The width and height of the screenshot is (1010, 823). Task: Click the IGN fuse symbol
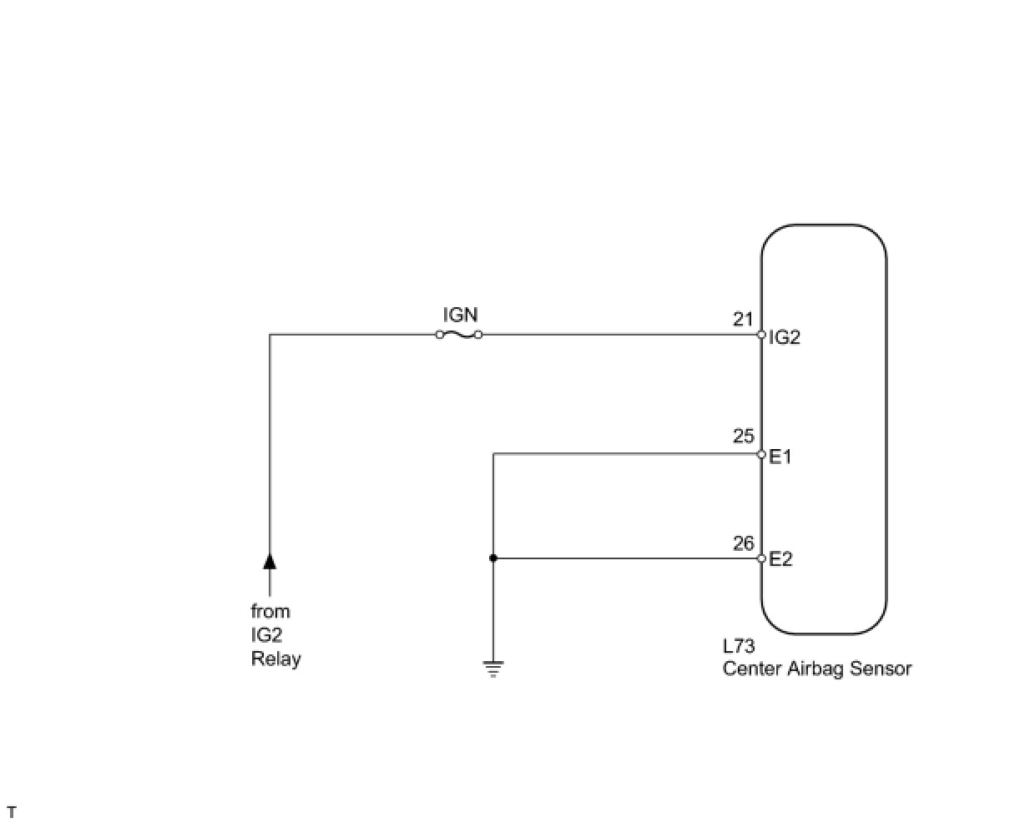[459, 335]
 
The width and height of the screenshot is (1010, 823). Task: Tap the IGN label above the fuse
[460, 315]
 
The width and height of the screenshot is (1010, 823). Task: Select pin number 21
[743, 319]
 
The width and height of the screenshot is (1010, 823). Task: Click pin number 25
[743, 437]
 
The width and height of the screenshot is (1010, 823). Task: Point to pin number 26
[743, 543]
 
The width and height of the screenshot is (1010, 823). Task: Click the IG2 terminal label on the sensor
[784, 338]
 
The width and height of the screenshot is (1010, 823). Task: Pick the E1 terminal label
[780, 457]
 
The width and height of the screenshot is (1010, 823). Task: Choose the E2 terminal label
[780, 559]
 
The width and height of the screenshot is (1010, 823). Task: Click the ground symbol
[493, 668]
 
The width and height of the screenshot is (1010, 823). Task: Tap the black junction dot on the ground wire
[493, 558]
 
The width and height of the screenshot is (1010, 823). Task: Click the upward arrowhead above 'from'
[270, 560]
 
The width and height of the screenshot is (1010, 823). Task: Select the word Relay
[275, 659]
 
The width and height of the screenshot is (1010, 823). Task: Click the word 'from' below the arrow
[270, 611]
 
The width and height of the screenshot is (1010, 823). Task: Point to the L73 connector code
[739, 647]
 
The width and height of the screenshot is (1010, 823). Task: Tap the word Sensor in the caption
[881, 669]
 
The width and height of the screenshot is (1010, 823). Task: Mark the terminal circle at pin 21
[761, 335]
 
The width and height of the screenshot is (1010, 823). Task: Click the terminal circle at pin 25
[761, 454]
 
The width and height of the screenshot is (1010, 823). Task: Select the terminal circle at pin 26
[761, 558]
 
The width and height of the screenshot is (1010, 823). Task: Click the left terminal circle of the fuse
[440, 335]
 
